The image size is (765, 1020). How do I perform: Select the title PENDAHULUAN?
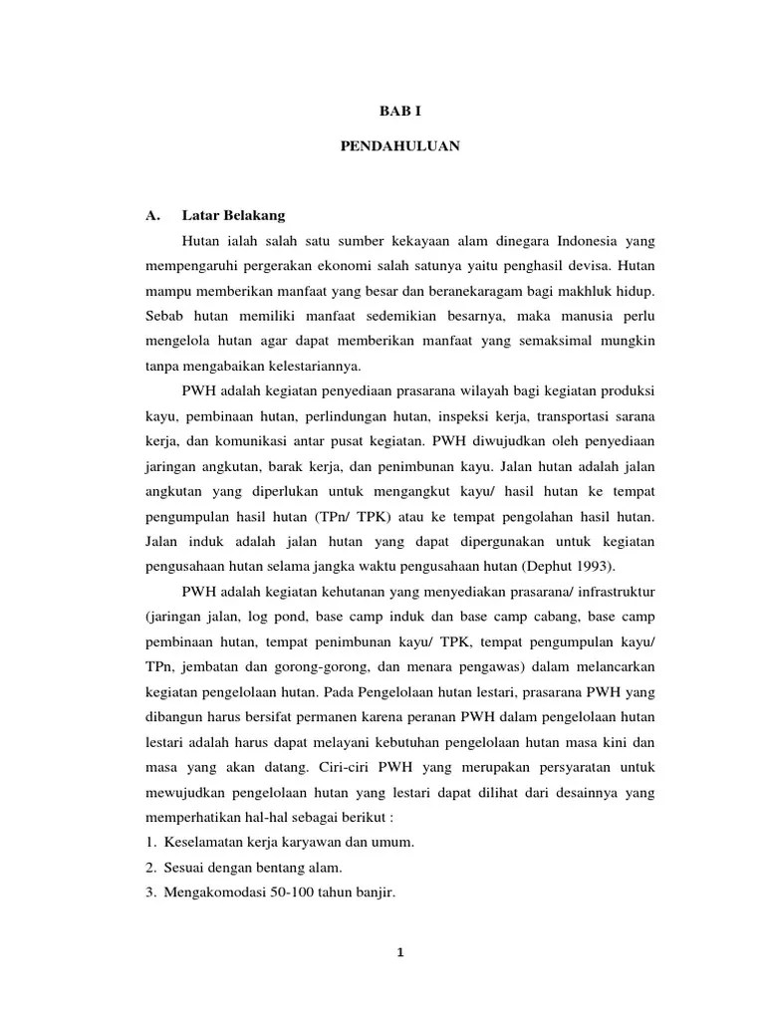[x=399, y=145]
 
